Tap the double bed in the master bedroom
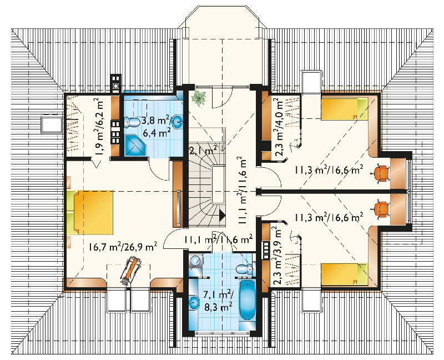[90, 213]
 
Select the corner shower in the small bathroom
[135, 145]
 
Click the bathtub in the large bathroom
[248, 301]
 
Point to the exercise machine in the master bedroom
[130, 271]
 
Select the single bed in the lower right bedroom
[344, 274]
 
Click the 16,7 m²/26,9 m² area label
[123, 247]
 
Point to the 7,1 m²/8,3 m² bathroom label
[219, 301]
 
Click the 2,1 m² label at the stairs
[203, 150]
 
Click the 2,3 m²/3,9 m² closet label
[278, 255]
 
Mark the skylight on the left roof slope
[52, 124]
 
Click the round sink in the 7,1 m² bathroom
[194, 302]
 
